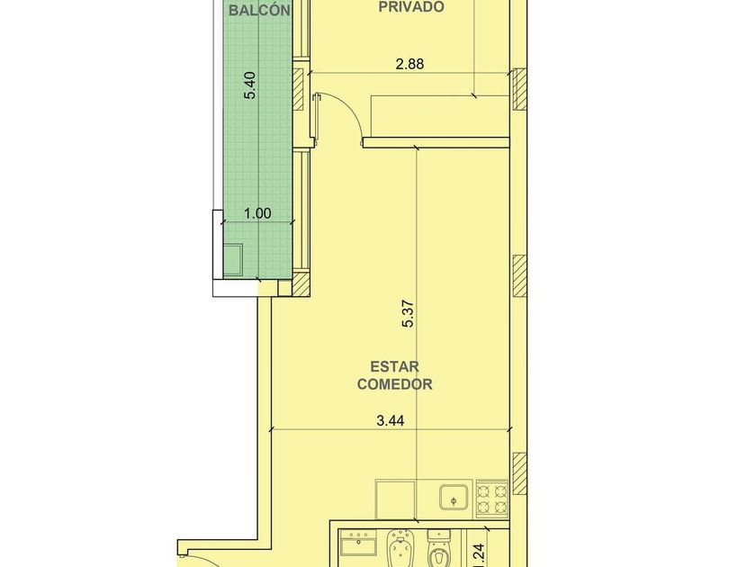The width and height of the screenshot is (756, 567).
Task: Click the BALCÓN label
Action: (x=259, y=11)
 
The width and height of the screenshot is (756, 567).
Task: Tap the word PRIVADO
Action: (x=411, y=7)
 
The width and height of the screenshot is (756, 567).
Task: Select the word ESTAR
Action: (x=394, y=367)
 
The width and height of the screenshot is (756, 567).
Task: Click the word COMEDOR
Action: (x=394, y=384)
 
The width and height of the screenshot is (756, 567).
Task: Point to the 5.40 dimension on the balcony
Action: (x=250, y=85)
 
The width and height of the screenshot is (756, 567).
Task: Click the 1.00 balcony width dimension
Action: (x=258, y=213)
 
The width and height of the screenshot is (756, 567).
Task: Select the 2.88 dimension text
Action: (x=409, y=64)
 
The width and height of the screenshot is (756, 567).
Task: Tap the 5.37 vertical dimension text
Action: (x=409, y=314)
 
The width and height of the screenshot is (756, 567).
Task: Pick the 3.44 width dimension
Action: (x=390, y=421)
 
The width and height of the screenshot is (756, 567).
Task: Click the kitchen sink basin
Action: (x=454, y=498)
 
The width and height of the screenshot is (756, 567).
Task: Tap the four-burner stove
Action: (x=492, y=499)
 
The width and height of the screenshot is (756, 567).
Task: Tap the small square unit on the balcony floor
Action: (x=234, y=259)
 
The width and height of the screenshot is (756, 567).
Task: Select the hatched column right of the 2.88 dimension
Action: (x=519, y=89)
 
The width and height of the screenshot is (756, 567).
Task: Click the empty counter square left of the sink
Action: (x=395, y=499)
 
